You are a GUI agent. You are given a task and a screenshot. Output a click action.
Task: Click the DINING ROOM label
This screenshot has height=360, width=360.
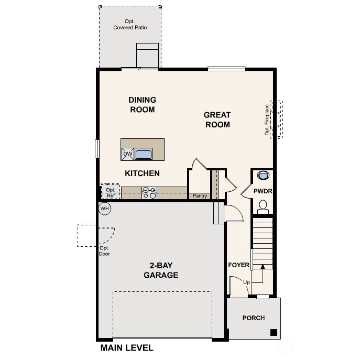[x=142, y=105]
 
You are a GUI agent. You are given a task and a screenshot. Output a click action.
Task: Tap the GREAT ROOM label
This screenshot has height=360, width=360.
[x=217, y=119]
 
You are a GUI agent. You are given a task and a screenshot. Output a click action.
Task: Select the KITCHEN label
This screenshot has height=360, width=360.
[x=142, y=173]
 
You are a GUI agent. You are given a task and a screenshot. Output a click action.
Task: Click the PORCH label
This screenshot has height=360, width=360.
[x=253, y=318]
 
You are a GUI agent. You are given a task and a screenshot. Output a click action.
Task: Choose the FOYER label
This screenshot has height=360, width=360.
[x=238, y=265]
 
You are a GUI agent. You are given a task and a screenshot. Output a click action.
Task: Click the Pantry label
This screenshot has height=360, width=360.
[x=200, y=196]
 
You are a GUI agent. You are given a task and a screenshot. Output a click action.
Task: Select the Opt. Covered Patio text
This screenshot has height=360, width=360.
[x=130, y=24]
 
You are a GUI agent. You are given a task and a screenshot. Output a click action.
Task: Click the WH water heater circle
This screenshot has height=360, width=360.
[x=105, y=209]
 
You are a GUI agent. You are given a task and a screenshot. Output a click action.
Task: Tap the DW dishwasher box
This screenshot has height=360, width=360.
[x=127, y=154]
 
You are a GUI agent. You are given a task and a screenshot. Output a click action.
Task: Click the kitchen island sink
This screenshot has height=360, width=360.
[x=144, y=154]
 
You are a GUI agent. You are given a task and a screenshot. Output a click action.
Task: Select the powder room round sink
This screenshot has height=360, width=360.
[x=263, y=176]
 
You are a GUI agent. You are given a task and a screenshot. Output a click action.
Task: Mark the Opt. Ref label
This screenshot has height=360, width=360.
[x=111, y=193]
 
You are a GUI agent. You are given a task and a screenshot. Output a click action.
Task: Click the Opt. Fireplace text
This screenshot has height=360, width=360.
[x=267, y=120]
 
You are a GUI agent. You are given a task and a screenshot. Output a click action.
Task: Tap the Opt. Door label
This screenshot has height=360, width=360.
[x=104, y=251]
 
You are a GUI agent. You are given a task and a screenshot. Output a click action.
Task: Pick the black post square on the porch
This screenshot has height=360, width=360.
[x=273, y=332]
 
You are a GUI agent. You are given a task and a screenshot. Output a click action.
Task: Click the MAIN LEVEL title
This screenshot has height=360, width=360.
[x=127, y=348]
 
